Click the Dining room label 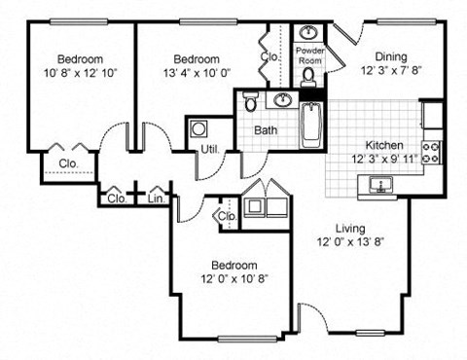coord(390,57)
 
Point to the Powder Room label coord(310,53)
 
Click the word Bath coord(267,130)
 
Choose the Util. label coord(209,150)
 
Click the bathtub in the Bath coord(310,123)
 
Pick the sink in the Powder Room coord(310,30)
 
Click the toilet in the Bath coord(250,103)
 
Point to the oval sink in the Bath coord(284,100)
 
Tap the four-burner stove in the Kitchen coord(431,153)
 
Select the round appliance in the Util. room coord(199,127)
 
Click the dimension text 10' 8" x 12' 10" coord(79,71)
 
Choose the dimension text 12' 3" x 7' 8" coord(389,71)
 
